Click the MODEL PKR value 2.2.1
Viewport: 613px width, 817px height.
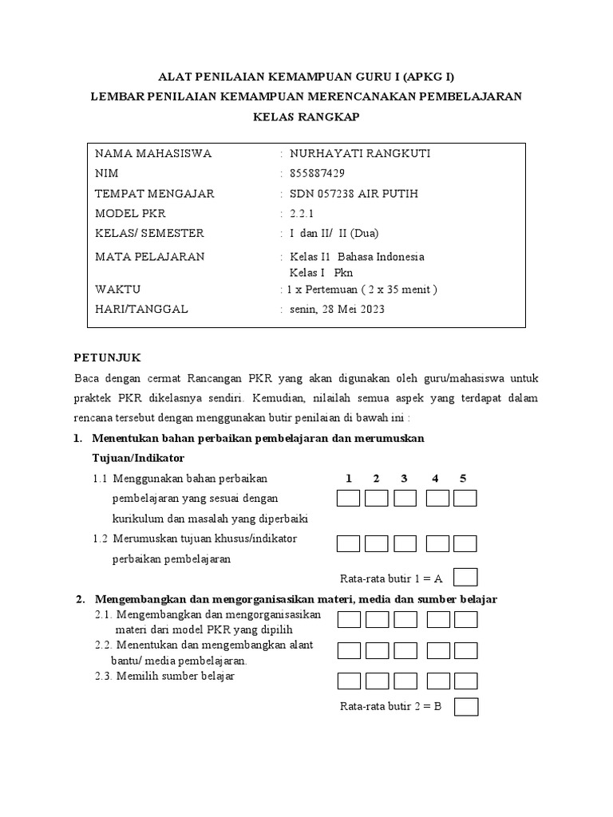coord(303,213)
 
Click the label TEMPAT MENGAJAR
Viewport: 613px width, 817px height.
coord(154,194)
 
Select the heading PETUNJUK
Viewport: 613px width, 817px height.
coord(107,358)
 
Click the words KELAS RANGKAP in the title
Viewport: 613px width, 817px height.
coord(306,116)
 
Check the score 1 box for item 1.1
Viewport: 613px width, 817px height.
coord(349,499)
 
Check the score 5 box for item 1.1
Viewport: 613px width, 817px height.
coord(465,499)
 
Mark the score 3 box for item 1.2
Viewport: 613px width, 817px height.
coord(405,543)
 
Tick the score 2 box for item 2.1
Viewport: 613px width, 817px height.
coord(377,620)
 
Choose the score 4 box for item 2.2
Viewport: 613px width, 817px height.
coord(437,650)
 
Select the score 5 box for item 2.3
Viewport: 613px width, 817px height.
coord(465,681)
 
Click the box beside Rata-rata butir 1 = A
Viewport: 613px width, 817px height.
coord(465,577)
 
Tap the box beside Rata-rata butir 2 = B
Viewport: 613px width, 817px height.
coord(466,707)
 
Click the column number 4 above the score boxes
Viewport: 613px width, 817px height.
coord(435,478)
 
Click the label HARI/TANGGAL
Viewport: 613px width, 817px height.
coord(141,309)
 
